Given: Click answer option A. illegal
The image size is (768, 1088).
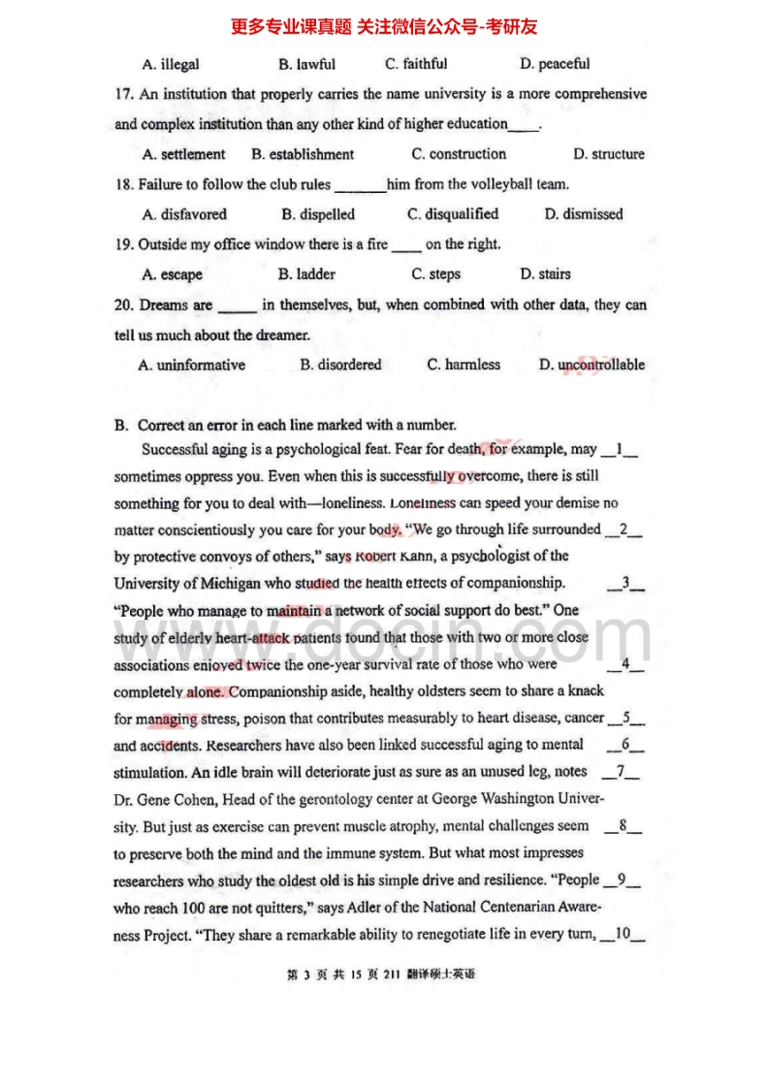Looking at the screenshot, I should click(x=171, y=65).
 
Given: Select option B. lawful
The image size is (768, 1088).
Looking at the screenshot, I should click(x=306, y=65).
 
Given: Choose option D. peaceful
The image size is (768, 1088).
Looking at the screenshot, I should click(x=555, y=65).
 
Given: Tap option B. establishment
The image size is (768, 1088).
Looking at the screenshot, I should click(x=303, y=154).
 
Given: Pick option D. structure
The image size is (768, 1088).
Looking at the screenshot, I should click(x=608, y=154).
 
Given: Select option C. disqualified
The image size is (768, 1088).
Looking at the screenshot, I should click(x=453, y=214).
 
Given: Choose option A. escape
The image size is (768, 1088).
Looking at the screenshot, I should click(x=173, y=274).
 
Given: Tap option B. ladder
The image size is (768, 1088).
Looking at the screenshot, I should click(x=306, y=274).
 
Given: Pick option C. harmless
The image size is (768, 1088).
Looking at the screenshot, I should click(x=464, y=366).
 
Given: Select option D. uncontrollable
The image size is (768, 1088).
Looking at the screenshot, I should click(x=592, y=366).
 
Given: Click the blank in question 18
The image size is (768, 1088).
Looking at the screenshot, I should click(x=359, y=185).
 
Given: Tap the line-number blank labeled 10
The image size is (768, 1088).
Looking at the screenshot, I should click(x=623, y=935).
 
